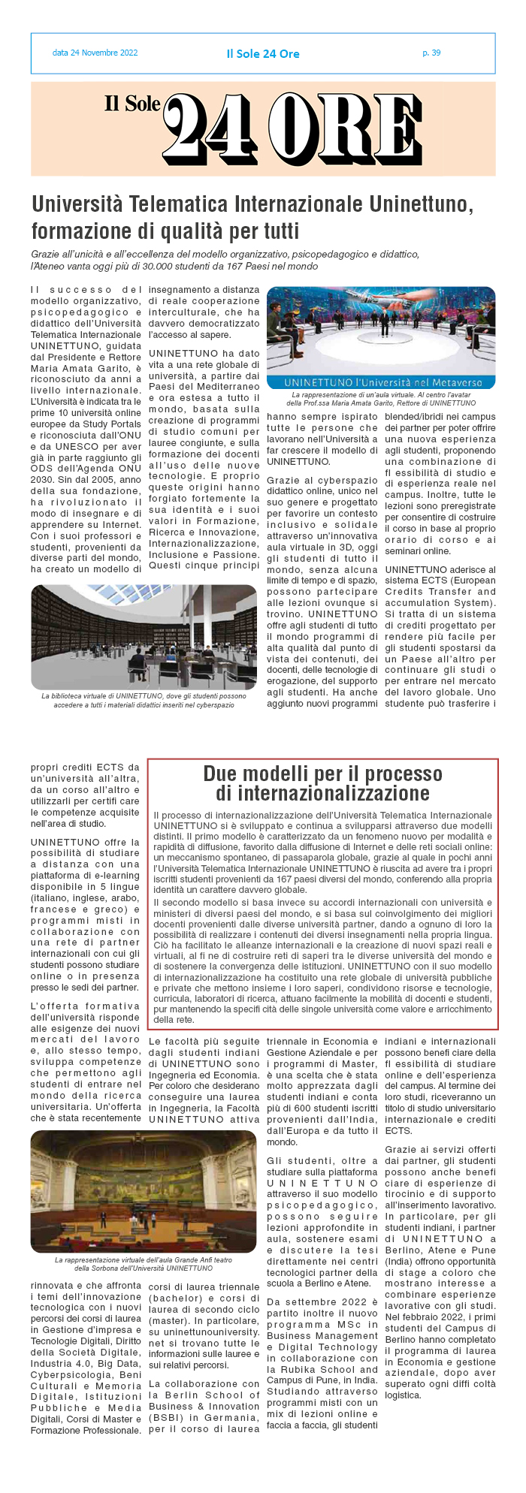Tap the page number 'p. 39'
pos(431,53)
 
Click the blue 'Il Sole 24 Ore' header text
pos(263,54)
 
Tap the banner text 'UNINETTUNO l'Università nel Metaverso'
pos(380,382)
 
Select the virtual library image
pos(144,637)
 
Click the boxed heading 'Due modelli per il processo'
pos(322,774)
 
